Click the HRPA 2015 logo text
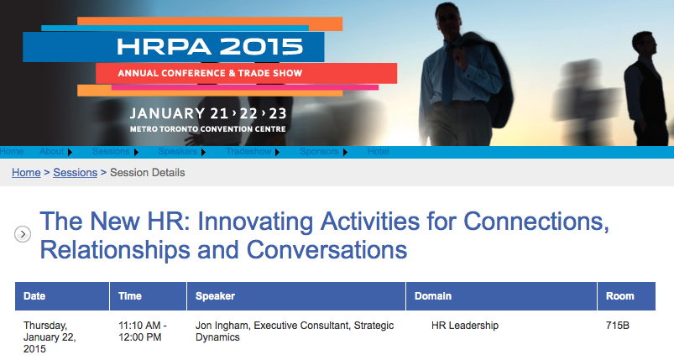click(x=210, y=47)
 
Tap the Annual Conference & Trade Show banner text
click(x=210, y=73)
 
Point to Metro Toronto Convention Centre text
click(x=208, y=129)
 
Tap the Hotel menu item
click(x=379, y=152)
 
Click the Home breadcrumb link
click(x=26, y=173)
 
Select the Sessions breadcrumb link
click(x=76, y=173)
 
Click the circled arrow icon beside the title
click(x=23, y=235)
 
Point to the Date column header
click(x=34, y=296)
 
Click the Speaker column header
click(x=216, y=296)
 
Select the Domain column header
click(x=433, y=296)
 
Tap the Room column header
click(x=619, y=296)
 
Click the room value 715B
click(x=618, y=326)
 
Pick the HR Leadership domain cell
click(x=465, y=326)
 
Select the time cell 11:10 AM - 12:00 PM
click(x=143, y=331)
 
